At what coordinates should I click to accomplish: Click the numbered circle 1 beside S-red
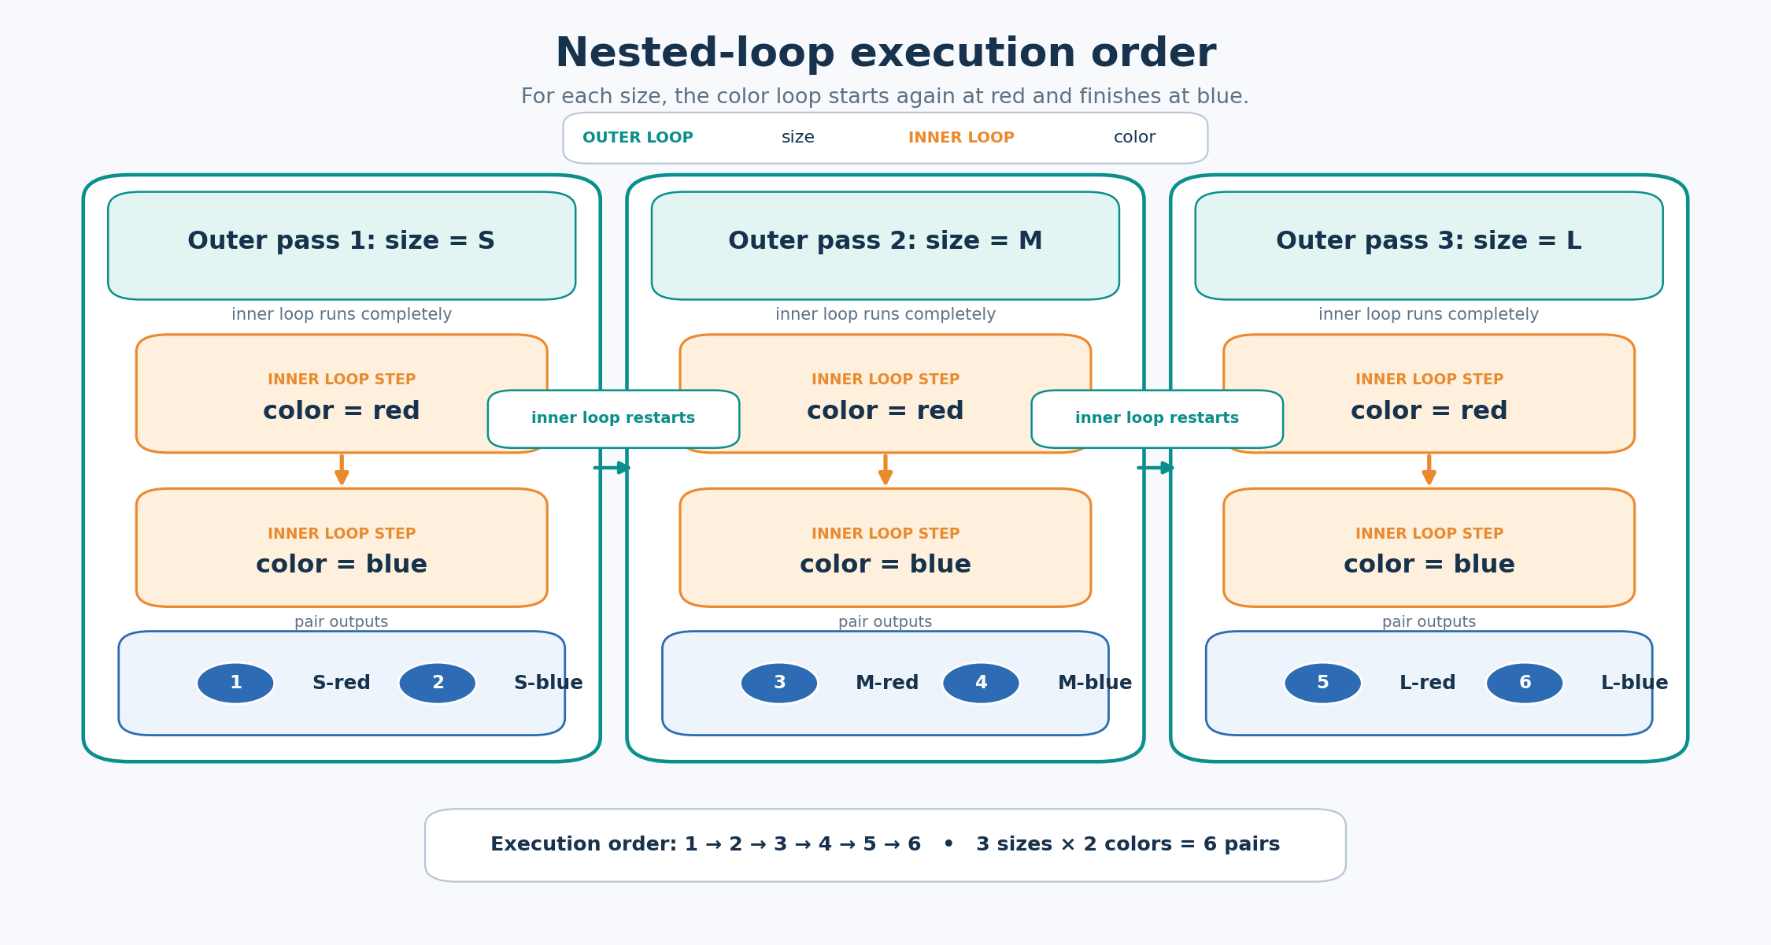coord(235,683)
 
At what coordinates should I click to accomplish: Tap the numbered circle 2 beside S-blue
coord(438,683)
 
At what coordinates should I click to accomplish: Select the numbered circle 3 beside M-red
coord(779,683)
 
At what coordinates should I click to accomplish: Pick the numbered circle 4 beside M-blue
coord(981,683)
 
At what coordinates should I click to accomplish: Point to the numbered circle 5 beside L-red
coord(1323,683)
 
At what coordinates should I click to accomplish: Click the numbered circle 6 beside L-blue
coord(1525,683)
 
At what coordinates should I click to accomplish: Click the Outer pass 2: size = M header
coord(885,246)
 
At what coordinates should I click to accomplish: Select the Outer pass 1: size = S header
coord(342,246)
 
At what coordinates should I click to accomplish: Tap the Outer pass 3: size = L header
coord(1429,246)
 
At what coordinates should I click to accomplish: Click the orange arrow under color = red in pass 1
coord(342,469)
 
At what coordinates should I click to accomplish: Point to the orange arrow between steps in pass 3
coord(1429,469)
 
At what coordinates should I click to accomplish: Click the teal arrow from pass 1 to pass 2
coord(612,468)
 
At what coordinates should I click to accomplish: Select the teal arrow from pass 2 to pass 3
coord(1155,468)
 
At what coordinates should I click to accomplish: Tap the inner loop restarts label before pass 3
coord(1157,419)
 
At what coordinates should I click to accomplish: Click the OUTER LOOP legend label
coord(638,138)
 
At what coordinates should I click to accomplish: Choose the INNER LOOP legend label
coord(961,138)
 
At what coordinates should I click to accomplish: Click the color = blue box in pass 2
coord(885,547)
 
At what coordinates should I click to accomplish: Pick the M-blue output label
coord(1095,683)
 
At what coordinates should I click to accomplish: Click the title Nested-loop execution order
coord(885,54)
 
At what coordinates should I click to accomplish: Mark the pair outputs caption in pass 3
coord(1429,622)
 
